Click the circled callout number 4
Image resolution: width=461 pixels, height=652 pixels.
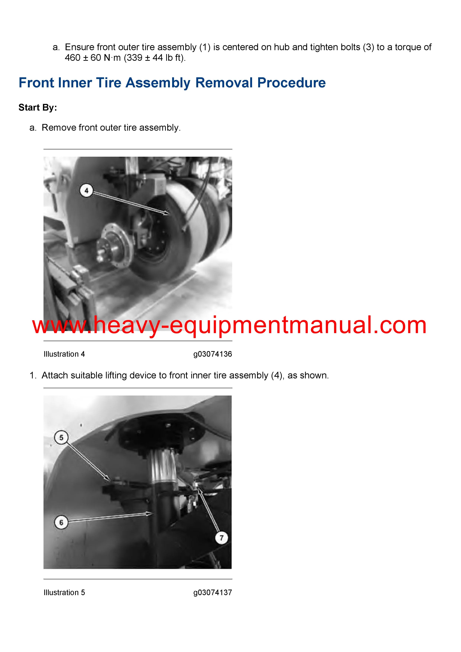tap(86, 191)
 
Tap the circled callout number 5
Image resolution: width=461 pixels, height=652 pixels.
tap(61, 438)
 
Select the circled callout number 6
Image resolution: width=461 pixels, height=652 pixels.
tap(61, 522)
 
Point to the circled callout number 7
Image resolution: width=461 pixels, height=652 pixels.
tap(222, 538)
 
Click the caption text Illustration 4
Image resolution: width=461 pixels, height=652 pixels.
tap(64, 354)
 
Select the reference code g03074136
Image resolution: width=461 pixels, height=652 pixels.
tap(212, 354)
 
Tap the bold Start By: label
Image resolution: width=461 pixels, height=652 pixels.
tap(38, 107)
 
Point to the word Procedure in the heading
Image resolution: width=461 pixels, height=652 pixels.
tap(291, 83)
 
